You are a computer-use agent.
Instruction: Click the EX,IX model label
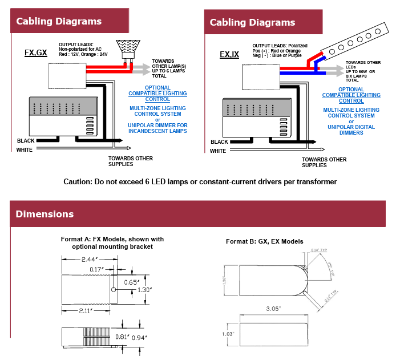(x=229, y=55)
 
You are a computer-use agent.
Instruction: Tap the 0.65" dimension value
(x=131, y=281)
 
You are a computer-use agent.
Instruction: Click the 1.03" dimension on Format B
(x=228, y=334)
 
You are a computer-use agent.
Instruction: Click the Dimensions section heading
(x=45, y=215)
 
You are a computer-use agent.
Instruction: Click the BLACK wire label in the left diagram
(x=26, y=140)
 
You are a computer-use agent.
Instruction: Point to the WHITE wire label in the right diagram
(x=218, y=151)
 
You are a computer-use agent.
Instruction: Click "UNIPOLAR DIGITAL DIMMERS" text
(x=351, y=130)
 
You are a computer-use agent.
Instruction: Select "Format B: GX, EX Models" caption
(x=264, y=241)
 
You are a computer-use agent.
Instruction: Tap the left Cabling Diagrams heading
(x=59, y=22)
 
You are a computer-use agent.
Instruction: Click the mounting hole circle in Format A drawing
(x=114, y=290)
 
